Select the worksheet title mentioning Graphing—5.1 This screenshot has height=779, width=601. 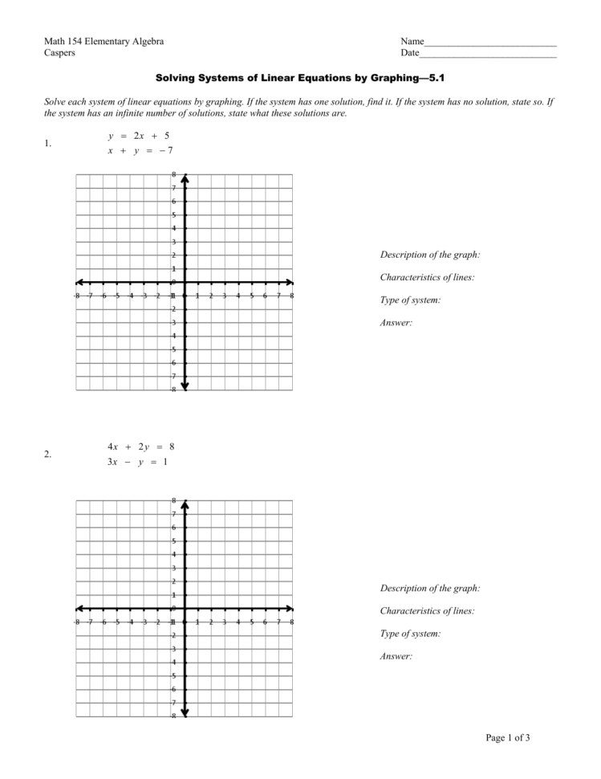pos(299,80)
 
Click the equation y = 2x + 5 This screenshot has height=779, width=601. pos(139,136)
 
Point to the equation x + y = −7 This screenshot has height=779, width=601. pos(140,150)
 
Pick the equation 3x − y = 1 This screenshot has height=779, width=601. pos(137,461)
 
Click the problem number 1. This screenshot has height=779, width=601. pos(48,144)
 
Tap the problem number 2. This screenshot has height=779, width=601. pos(48,455)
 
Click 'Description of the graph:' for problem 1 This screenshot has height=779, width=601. pos(429,255)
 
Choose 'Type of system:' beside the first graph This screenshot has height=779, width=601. pos(410,300)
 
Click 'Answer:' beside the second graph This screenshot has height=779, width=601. pos(396,656)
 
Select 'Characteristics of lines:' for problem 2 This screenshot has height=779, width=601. pos(427,611)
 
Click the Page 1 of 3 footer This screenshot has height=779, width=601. pos(507,738)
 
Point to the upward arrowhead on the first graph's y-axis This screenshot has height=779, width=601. pos(185,178)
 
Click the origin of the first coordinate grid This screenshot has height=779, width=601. pos(185,283)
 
